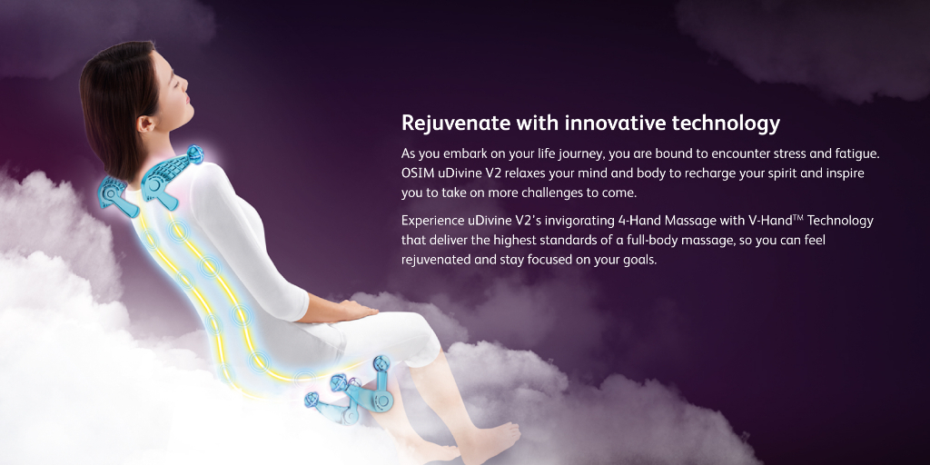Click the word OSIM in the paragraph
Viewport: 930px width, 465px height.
point(416,173)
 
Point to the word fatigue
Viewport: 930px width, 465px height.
point(856,154)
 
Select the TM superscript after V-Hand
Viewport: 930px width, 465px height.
point(797,217)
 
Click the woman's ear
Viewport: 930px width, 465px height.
point(144,124)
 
